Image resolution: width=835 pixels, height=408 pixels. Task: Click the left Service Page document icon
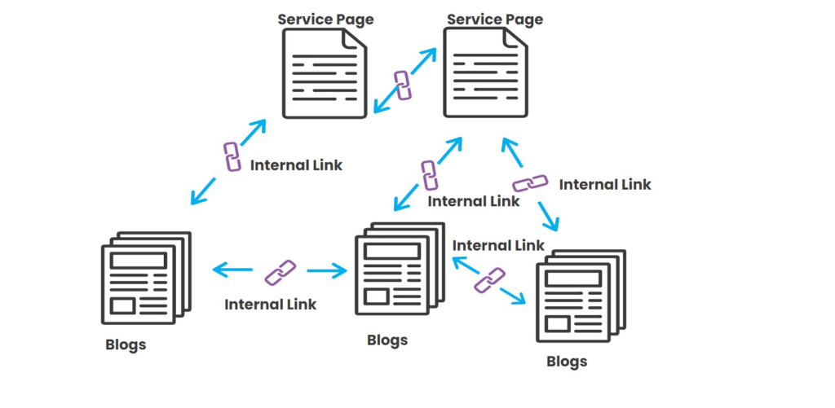(x=325, y=72)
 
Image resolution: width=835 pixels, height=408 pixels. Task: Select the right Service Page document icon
(x=486, y=72)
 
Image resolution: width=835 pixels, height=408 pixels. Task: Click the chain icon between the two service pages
(x=402, y=84)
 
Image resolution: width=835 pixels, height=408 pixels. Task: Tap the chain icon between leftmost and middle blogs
(x=281, y=271)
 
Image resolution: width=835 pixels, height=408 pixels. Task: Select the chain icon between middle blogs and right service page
(x=430, y=175)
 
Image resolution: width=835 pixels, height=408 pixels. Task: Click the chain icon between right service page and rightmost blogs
(x=530, y=184)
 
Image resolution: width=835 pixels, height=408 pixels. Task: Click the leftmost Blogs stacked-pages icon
(x=144, y=277)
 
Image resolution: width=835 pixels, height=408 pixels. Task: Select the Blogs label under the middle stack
(x=387, y=339)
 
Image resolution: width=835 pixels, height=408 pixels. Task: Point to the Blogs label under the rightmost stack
(x=567, y=361)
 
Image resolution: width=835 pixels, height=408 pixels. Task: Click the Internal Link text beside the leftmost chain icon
(x=296, y=165)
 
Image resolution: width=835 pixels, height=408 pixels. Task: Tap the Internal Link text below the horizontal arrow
(x=271, y=305)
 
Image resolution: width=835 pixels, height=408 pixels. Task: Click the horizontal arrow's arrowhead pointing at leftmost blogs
(x=216, y=269)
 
